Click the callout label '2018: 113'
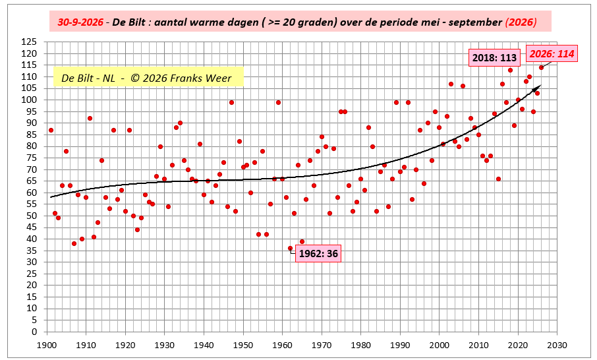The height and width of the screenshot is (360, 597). (x=494, y=58)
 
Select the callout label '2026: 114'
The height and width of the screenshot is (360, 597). (x=552, y=53)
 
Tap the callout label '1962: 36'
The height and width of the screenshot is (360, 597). (x=318, y=254)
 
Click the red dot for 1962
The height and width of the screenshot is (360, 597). (x=290, y=249)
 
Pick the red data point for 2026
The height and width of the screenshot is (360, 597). (x=541, y=67)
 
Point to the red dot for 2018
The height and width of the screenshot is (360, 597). (x=510, y=70)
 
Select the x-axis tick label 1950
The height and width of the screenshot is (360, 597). (x=243, y=345)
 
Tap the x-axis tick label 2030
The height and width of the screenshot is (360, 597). (x=557, y=345)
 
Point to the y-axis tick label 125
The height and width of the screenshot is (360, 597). (x=29, y=42)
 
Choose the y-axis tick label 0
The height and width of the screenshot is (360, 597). (x=34, y=332)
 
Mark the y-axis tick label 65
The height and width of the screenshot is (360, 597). (x=32, y=181)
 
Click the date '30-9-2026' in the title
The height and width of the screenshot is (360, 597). (x=80, y=22)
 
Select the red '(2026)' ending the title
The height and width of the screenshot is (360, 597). (x=521, y=22)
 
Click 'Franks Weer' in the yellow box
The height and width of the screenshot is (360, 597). (x=201, y=78)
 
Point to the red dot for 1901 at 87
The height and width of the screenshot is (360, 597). (x=51, y=131)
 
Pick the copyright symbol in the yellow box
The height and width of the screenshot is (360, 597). (x=134, y=78)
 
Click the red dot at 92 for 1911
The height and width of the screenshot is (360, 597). (x=90, y=119)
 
